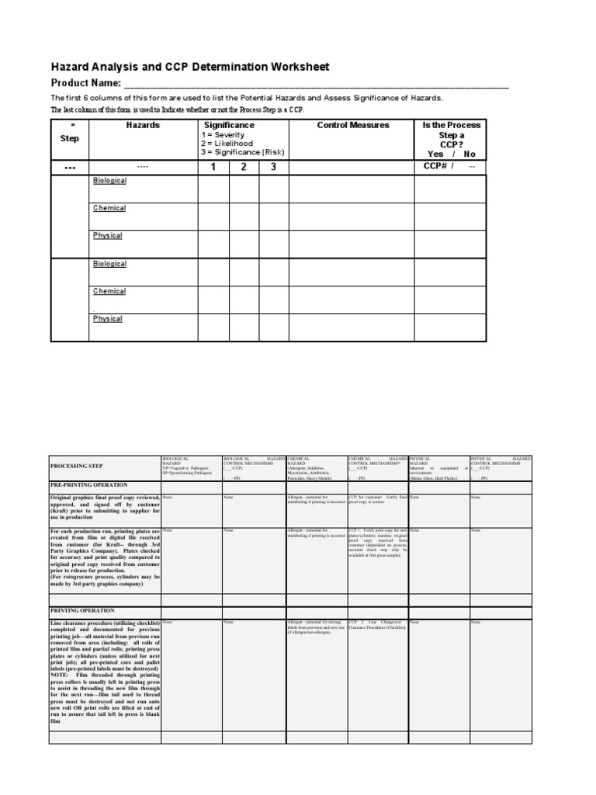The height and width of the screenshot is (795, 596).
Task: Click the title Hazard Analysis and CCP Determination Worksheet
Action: [190, 68]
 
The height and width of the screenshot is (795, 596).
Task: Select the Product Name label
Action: [86, 83]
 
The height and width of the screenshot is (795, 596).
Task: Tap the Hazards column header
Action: [143, 125]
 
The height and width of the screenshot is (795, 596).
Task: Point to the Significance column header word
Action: [229, 125]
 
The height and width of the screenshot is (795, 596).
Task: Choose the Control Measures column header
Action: [353, 125]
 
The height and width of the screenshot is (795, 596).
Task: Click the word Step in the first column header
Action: [70, 138]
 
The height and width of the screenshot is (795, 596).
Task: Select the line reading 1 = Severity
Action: [223, 135]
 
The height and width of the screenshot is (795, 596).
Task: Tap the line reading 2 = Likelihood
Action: [227, 144]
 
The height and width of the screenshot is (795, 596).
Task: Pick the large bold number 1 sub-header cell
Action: [213, 167]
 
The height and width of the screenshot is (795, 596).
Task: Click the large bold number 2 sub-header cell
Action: [244, 167]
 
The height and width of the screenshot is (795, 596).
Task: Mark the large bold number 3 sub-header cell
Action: [273, 167]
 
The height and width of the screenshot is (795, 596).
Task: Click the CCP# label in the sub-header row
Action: [435, 166]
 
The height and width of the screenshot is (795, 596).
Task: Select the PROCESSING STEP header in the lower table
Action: [78, 467]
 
